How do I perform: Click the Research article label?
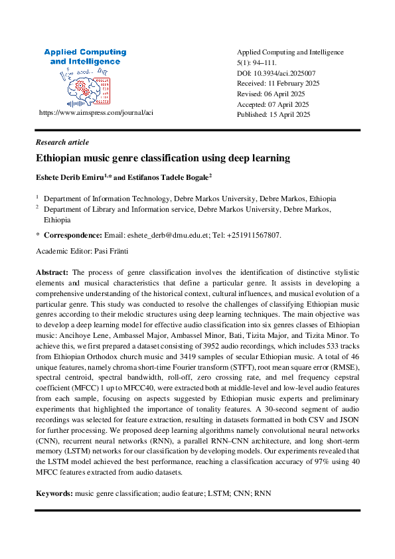click(x=62, y=142)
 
